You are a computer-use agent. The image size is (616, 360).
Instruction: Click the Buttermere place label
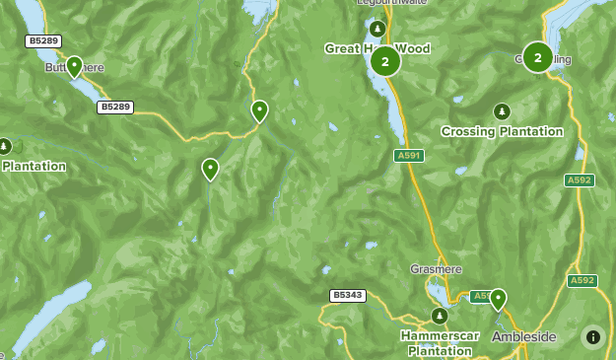(x=75, y=67)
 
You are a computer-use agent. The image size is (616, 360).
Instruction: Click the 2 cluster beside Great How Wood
(x=385, y=61)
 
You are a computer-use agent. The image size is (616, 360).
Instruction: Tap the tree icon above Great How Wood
(x=375, y=28)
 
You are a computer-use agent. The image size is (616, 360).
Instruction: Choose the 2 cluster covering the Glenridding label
(x=537, y=57)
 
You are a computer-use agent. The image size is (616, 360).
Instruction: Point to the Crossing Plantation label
(x=502, y=131)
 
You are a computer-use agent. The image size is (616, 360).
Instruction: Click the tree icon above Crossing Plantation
(x=502, y=111)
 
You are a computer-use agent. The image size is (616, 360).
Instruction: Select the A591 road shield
(x=408, y=156)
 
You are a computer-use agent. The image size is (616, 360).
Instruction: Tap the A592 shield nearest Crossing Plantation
(x=580, y=180)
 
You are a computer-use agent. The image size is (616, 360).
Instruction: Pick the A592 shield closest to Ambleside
(x=582, y=280)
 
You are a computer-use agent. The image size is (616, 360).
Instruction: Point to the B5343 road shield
(x=348, y=295)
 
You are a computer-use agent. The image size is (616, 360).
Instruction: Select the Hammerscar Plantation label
(x=440, y=342)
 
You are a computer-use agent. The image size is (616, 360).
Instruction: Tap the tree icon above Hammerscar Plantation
(x=440, y=316)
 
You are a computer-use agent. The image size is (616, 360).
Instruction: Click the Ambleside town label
(x=524, y=337)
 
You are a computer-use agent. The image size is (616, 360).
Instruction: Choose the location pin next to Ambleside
(x=499, y=299)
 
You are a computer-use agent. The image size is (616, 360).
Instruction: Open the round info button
(x=593, y=337)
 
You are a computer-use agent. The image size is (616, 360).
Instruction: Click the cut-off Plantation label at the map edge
(x=33, y=167)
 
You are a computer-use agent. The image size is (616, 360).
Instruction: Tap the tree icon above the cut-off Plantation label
(x=5, y=146)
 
